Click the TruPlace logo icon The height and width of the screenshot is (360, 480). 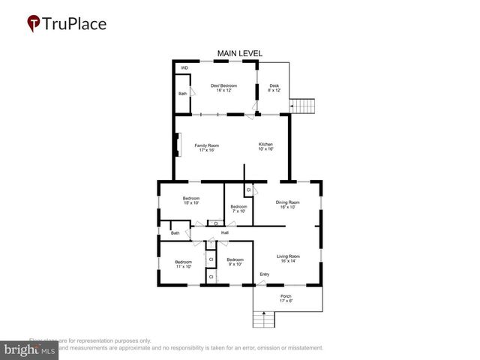click(34, 24)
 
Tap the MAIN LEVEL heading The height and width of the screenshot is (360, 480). click(240, 53)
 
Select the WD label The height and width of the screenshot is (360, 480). click(184, 68)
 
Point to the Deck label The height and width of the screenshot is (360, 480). click(274, 88)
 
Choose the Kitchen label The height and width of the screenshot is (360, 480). click(266, 147)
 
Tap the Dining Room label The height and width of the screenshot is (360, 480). click(288, 204)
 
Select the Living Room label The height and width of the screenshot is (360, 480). click(288, 259)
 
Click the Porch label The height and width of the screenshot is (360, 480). click(286, 298)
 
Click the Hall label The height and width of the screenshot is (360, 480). click(224, 233)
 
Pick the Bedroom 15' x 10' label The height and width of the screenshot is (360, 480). click(191, 201)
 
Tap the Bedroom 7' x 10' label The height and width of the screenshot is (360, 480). click(238, 209)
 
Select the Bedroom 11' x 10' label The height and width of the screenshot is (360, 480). click(173, 264)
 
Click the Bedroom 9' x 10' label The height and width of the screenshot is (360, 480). click(235, 262)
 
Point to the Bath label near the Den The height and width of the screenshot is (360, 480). click(183, 94)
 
